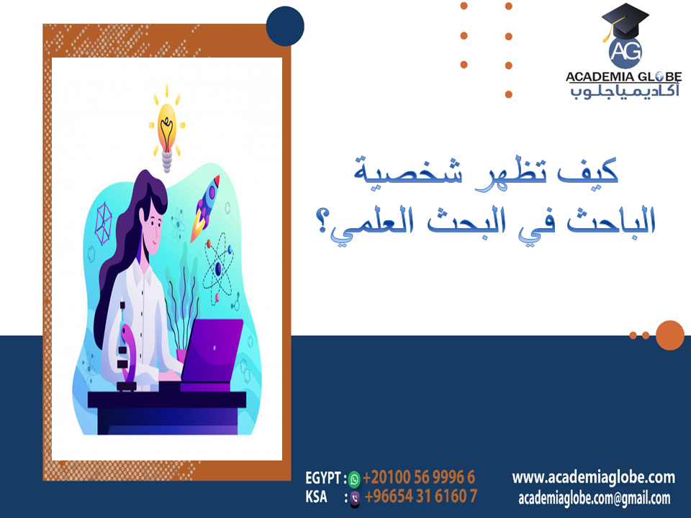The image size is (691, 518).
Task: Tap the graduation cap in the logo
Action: pyautogui.click(x=625, y=20)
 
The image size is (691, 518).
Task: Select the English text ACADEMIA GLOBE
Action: pyautogui.click(x=624, y=77)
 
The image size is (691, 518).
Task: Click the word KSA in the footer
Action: pyautogui.click(x=316, y=496)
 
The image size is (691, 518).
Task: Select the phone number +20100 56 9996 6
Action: pyautogui.click(x=419, y=478)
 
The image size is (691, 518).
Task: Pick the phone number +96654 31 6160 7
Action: pyautogui.click(x=421, y=496)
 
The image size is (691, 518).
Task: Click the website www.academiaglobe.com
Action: pyautogui.click(x=593, y=477)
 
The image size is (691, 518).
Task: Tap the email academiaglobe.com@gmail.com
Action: pyautogui.click(x=594, y=498)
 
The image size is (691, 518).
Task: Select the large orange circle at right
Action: pyautogui.click(x=670, y=335)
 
